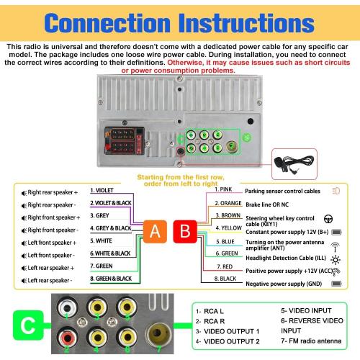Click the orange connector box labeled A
pos(155,232)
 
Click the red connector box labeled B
pos(185,232)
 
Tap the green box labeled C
pos(28,325)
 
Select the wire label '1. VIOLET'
pos(102,190)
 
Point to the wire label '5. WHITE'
pos(101,240)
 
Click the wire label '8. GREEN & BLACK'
pos(111,279)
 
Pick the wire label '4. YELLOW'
pos(228,228)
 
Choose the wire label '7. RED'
pos(225,266)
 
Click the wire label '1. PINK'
pos(223,189)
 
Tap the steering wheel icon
pos(328,219)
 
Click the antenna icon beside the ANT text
pos(335,247)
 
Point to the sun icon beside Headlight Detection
pos(336,260)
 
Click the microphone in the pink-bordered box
pos(294,163)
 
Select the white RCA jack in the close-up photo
pos(67,308)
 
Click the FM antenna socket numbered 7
pos(157,334)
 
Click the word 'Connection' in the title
pos(107,23)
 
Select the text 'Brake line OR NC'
pos(267,204)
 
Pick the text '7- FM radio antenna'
pos(311,341)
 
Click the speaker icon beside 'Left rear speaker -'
pos(24,281)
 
